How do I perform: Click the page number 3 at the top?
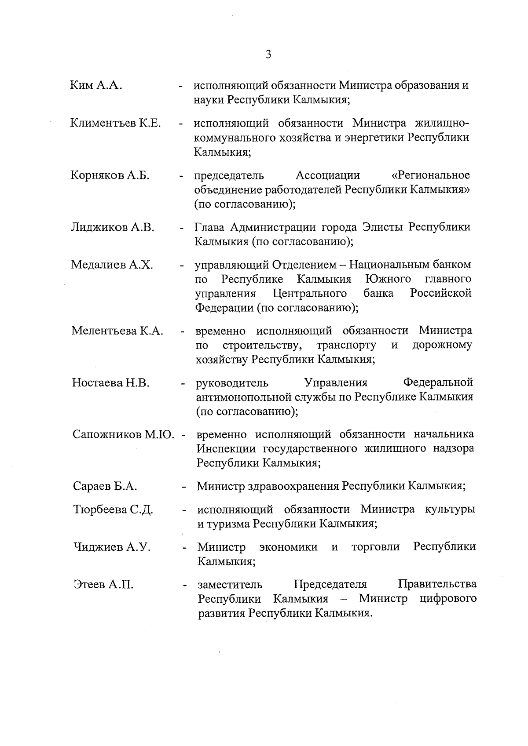click(268, 55)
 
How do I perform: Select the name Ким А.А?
click(96, 85)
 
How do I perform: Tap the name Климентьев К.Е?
click(115, 123)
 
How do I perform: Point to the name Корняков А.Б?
click(110, 176)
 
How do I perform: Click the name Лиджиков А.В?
click(113, 228)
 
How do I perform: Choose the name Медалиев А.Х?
click(112, 265)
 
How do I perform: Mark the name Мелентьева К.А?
click(117, 331)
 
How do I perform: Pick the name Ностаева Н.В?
click(111, 383)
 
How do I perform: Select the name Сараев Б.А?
click(105, 487)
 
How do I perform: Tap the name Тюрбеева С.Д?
click(113, 510)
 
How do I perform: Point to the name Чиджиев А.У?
click(112, 547)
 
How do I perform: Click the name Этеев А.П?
click(103, 585)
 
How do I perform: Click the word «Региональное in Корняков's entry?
click(430, 176)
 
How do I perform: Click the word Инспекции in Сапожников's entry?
click(226, 449)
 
